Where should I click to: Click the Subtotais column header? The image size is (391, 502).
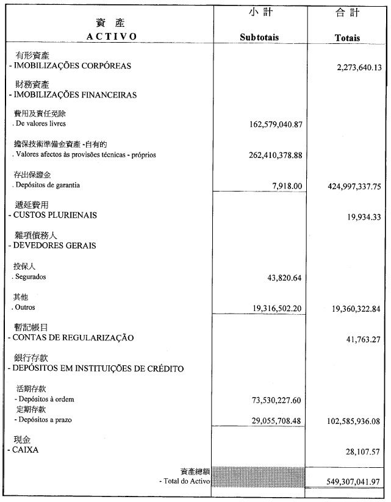point(259,37)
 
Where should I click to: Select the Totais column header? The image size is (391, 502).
point(347,37)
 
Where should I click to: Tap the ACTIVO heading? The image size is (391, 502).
point(111,36)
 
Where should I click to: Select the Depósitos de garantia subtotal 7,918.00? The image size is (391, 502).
point(285,185)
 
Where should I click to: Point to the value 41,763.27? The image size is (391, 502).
point(364,340)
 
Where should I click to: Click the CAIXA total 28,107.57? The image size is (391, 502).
point(364,452)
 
